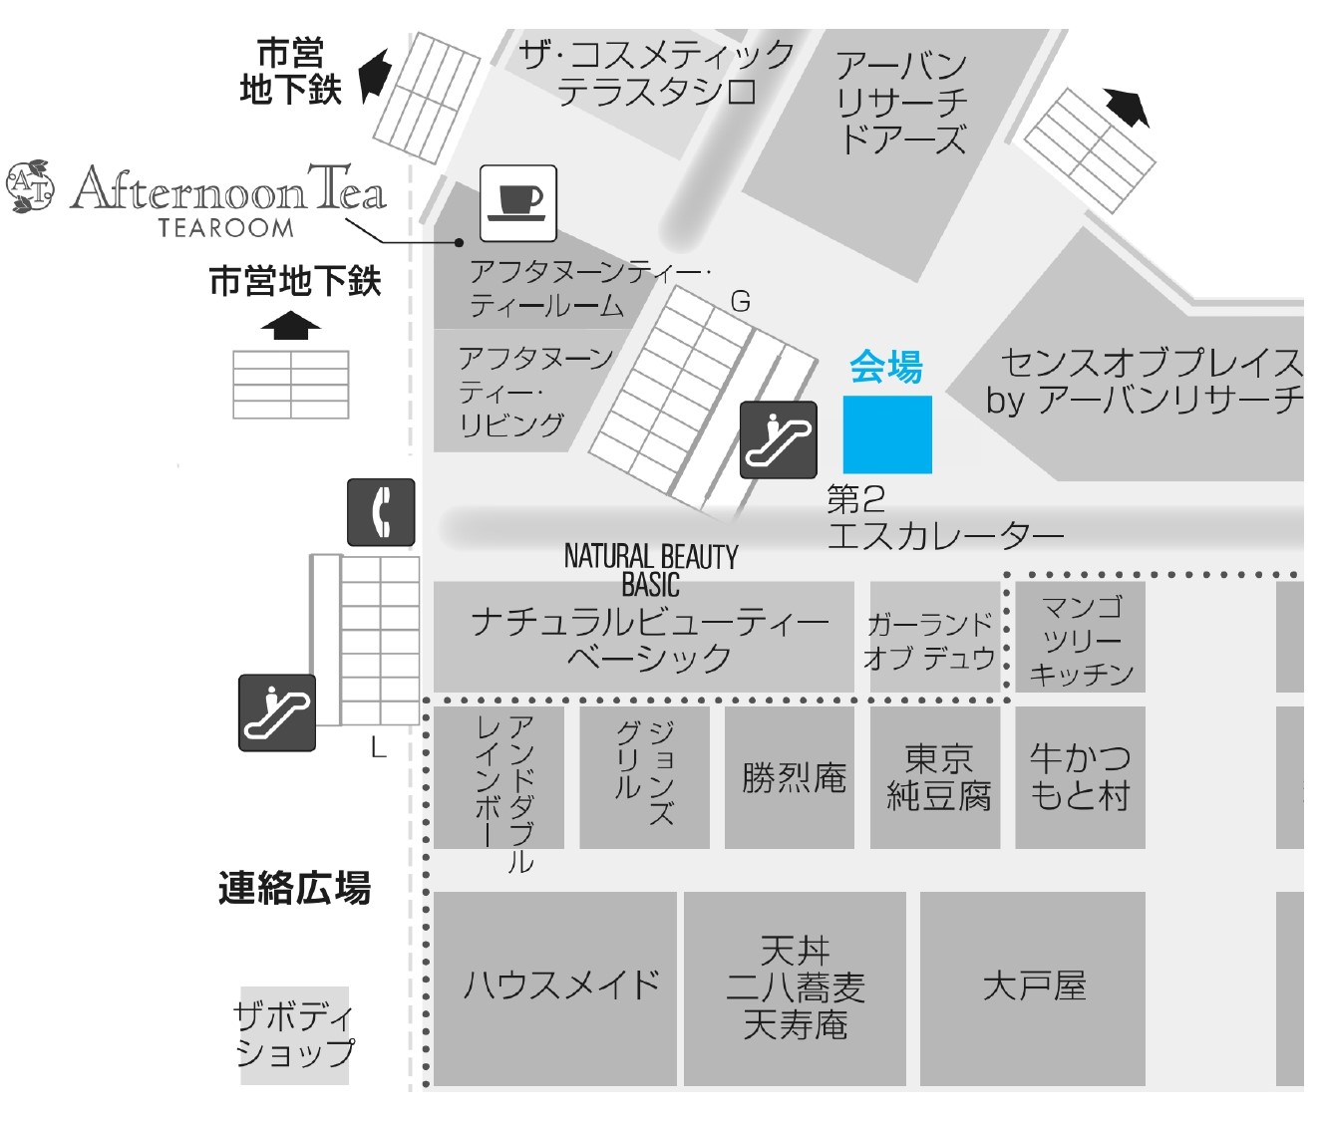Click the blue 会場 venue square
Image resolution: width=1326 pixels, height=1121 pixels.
click(x=887, y=434)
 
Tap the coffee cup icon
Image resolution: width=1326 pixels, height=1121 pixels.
click(x=518, y=203)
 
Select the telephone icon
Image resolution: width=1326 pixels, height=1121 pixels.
click(x=381, y=512)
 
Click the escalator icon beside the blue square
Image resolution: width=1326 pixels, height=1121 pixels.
click(x=779, y=439)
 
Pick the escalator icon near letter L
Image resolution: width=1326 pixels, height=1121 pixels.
click(x=277, y=712)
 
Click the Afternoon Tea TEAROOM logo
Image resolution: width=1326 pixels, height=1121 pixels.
click(x=199, y=197)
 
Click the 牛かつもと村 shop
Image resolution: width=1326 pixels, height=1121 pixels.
click(x=1080, y=777)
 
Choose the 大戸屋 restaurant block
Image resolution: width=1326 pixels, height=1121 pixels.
click(x=1033, y=986)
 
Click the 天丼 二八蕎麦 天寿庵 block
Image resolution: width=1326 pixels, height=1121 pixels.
click(x=795, y=986)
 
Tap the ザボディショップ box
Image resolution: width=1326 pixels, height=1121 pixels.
click(x=295, y=1035)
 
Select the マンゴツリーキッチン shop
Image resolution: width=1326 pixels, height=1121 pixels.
click(x=1081, y=639)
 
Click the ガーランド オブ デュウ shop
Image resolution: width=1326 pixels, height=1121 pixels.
click(x=931, y=639)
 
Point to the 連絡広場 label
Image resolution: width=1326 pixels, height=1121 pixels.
click(x=294, y=887)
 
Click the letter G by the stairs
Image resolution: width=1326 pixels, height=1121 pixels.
click(x=741, y=301)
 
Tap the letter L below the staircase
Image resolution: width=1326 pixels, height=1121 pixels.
click(x=378, y=747)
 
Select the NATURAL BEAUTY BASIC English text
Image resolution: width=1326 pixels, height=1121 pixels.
click(x=651, y=570)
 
